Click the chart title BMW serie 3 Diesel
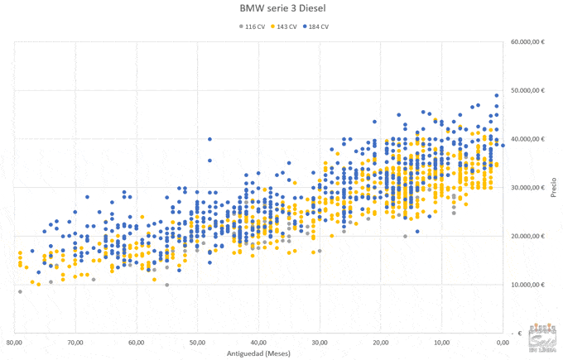(281, 10)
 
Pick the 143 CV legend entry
(284, 26)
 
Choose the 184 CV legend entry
(316, 26)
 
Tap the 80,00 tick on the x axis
(14, 342)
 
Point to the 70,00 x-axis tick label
(75, 342)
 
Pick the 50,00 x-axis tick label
(197, 342)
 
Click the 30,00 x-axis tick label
(320, 342)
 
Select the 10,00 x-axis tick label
(441, 342)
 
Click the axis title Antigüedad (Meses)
(258, 353)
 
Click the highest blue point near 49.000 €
(497, 95)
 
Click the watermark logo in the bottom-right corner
(542, 339)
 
